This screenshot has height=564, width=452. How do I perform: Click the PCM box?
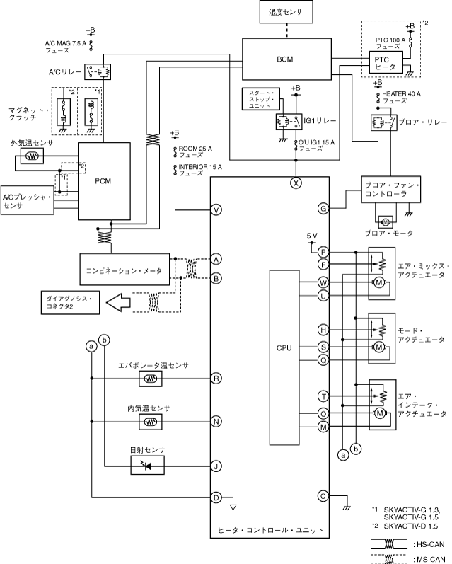click(104, 181)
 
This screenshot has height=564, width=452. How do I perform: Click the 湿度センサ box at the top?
click(286, 12)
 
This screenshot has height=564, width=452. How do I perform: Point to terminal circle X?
click(296, 182)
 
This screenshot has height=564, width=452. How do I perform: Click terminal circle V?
click(216, 209)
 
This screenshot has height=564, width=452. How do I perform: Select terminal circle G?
click(323, 209)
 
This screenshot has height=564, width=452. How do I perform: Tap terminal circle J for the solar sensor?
click(216, 466)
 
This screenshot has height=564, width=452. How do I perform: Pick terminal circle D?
click(216, 497)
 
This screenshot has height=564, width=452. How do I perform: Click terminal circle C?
click(323, 496)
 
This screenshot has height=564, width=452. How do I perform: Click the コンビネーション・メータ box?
click(124, 270)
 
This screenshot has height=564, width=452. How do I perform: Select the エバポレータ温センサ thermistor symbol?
click(151, 379)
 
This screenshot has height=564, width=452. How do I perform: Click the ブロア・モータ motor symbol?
click(386, 221)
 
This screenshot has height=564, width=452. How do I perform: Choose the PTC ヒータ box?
click(385, 62)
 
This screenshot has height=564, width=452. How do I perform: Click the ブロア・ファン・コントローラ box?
click(390, 189)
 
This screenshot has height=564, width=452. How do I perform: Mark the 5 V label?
click(313, 235)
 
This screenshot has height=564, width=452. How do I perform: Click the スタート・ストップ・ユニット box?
click(260, 99)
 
